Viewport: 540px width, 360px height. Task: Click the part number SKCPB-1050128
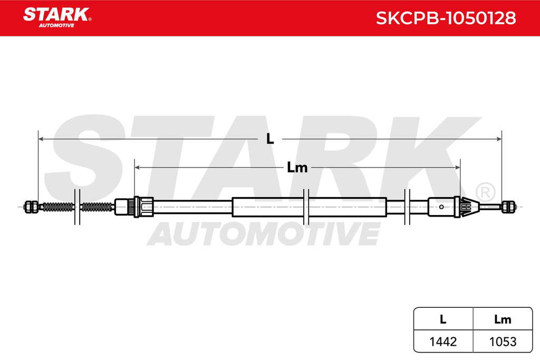tap(446, 18)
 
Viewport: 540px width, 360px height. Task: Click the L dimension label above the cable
tap(270, 139)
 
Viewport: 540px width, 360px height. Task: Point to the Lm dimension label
tap(297, 168)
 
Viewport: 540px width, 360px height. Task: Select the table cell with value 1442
tap(443, 342)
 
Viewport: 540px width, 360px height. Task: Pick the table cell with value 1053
tap(503, 342)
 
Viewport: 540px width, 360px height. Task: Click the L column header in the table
tap(443, 319)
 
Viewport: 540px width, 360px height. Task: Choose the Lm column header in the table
tap(503, 319)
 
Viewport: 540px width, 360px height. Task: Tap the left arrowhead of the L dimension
tap(41, 139)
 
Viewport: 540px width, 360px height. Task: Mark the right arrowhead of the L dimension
tap(499, 139)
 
